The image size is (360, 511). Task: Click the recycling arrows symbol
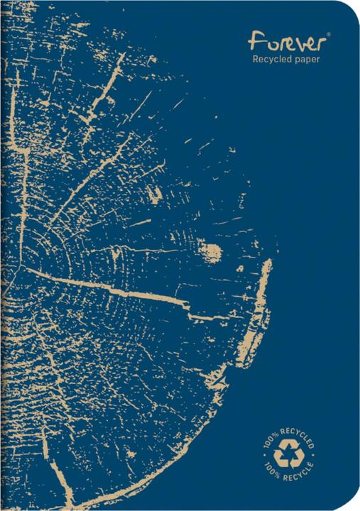[288, 454]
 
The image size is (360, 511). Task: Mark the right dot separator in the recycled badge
[314, 455]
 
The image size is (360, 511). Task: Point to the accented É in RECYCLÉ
[310, 464]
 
